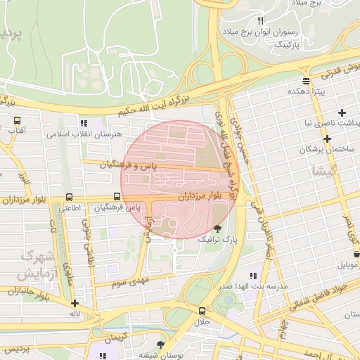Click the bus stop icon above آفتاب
[17, 120]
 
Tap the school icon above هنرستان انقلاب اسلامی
[84, 123]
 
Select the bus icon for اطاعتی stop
[69, 198]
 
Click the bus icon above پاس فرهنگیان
[116, 198]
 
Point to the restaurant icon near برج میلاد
[261, 20]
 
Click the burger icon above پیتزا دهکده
[306, 81]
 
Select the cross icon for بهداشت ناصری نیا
[342, 112]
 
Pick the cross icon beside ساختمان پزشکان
[327, 139]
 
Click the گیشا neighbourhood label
[328, 169]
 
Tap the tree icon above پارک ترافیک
[217, 229]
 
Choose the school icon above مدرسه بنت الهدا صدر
[252, 276]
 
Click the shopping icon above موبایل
[356, 254]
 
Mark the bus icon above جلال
[202, 311]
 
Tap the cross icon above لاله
[75, 304]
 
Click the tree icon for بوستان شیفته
[161, 345]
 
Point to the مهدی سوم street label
[131, 283]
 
